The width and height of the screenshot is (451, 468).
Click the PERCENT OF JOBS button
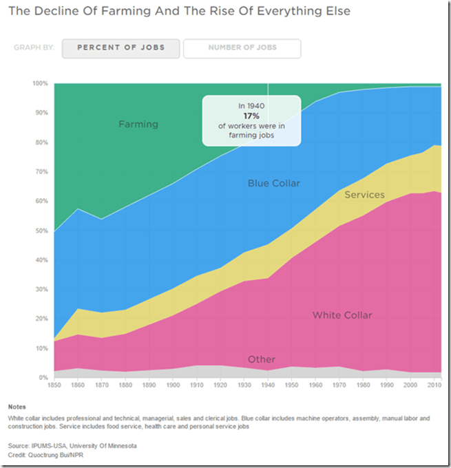click(x=121, y=48)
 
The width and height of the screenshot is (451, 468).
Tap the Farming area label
click(x=138, y=125)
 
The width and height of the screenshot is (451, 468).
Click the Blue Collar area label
click(x=274, y=183)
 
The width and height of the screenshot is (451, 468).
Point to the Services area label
click(x=364, y=195)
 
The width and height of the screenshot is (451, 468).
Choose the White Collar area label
click(x=342, y=315)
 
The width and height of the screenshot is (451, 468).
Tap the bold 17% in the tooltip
click(x=251, y=117)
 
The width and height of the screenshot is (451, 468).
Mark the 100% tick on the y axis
click(x=40, y=83)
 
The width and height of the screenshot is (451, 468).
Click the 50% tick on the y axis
click(x=41, y=231)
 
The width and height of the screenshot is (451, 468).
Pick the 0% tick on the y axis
click(x=43, y=378)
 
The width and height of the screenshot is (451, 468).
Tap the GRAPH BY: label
click(x=34, y=48)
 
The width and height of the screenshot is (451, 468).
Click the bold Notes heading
click(x=18, y=406)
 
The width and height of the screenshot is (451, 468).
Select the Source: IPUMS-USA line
click(x=72, y=446)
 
